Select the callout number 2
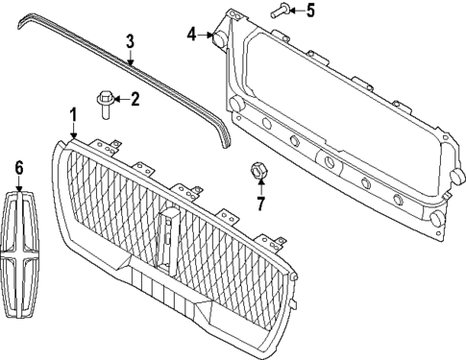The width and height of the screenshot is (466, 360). point(135,97)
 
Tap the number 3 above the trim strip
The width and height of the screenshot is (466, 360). point(130,41)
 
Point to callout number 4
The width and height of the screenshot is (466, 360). point(192,34)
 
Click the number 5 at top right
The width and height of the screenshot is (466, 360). point(309,12)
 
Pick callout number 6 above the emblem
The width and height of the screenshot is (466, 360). point(17,168)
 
